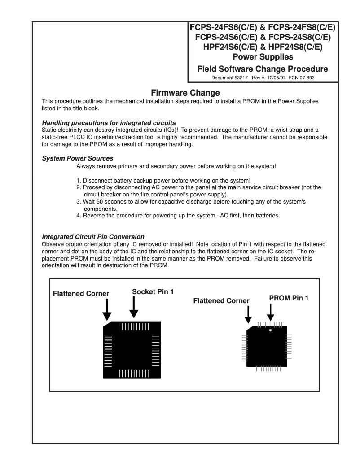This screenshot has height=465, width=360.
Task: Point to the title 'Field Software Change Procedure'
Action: click(x=263, y=69)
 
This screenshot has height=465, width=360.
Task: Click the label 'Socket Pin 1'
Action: click(x=153, y=291)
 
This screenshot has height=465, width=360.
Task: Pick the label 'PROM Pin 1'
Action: click(x=289, y=298)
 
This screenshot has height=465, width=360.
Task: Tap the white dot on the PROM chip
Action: click(x=270, y=330)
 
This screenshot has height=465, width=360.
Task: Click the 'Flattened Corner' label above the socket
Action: click(x=81, y=294)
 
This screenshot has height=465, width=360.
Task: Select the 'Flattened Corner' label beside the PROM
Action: click(x=221, y=301)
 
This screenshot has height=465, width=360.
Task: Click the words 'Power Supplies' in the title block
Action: click(x=263, y=57)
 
